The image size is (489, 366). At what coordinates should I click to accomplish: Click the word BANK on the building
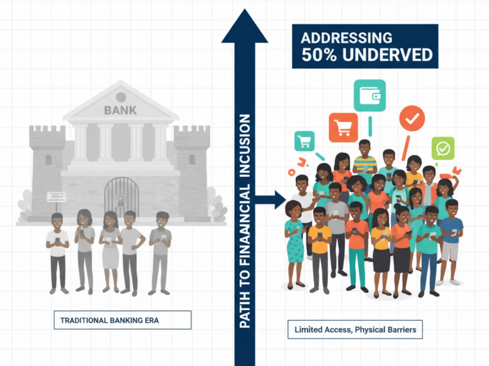tap(116, 110)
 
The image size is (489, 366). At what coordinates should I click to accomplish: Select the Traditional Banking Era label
tap(122, 320)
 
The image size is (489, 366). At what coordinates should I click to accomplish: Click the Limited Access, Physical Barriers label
tap(355, 330)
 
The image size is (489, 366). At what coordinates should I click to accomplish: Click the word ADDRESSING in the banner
tap(346, 37)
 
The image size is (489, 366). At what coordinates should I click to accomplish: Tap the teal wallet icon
tap(370, 96)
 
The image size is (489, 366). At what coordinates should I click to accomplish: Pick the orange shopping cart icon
tap(343, 127)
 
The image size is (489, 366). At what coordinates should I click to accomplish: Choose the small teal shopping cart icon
tap(304, 141)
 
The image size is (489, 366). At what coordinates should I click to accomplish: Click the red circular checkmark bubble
tap(414, 120)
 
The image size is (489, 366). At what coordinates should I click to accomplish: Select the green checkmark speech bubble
tap(443, 148)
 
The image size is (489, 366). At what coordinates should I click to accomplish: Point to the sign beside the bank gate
tap(56, 196)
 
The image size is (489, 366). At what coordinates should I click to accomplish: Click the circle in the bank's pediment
tap(120, 96)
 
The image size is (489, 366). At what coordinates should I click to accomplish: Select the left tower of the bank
tap(47, 165)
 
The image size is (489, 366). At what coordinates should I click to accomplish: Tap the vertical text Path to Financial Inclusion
tap(245, 220)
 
